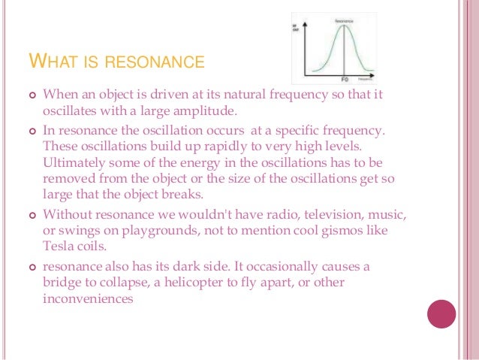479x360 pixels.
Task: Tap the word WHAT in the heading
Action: pos(53,60)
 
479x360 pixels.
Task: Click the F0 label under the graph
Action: pos(345,79)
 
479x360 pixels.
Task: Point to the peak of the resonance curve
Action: pos(344,26)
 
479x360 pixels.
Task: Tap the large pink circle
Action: pos(441,314)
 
